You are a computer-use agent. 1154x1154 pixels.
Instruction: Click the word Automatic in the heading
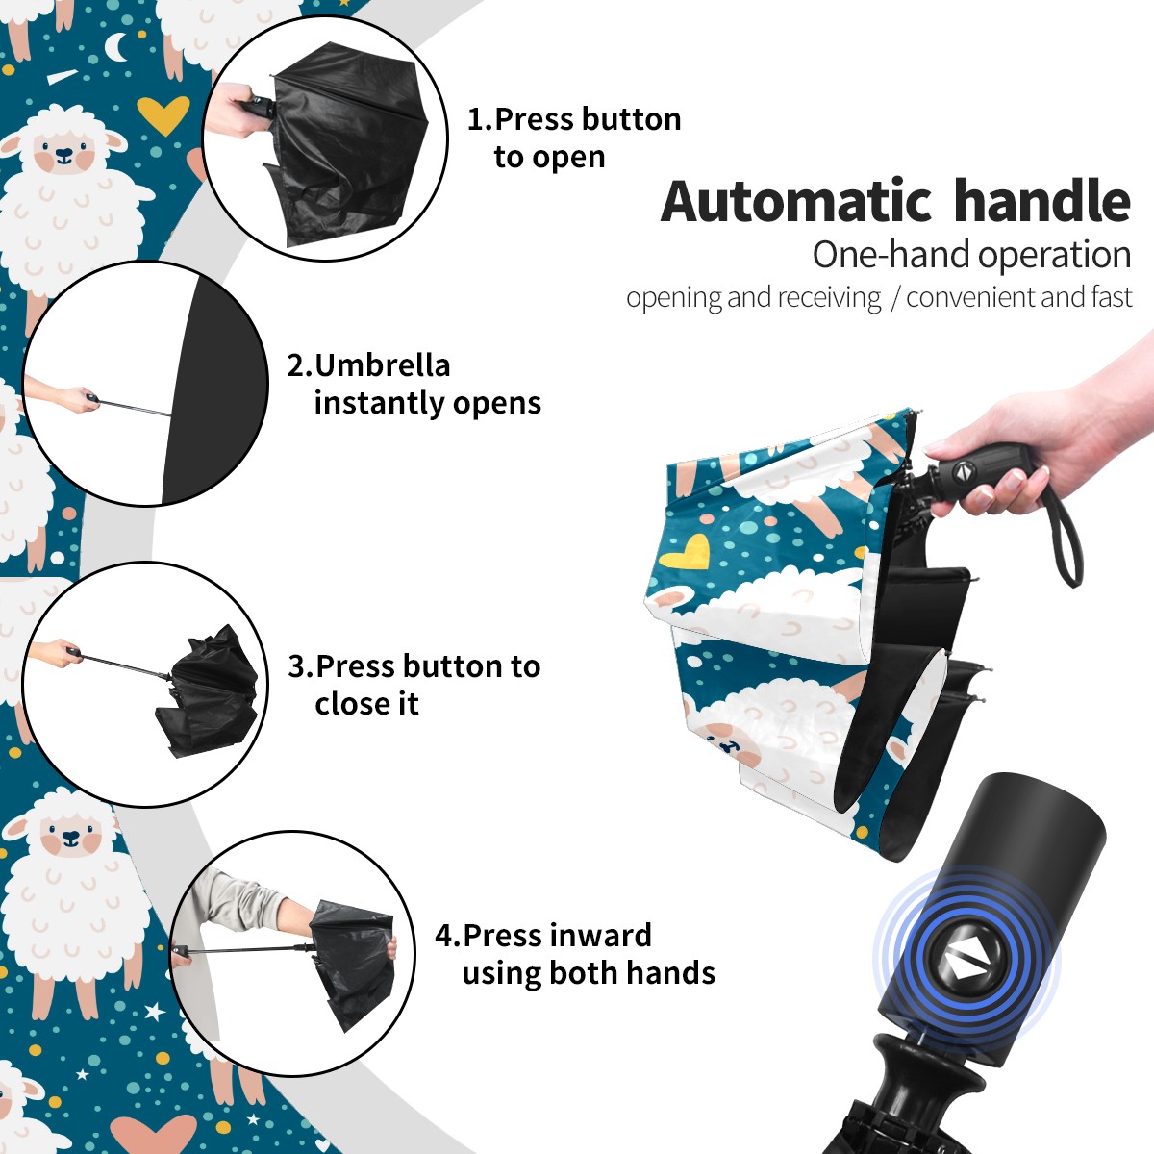point(796,201)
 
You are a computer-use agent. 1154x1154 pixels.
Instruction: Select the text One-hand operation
point(971,256)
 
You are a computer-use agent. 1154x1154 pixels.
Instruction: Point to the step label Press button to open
point(574,138)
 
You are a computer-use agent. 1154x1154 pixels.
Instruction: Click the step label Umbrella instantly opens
point(414,384)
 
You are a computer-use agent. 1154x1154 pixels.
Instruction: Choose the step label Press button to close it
point(414,685)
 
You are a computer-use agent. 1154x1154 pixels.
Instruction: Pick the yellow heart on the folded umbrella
point(685,552)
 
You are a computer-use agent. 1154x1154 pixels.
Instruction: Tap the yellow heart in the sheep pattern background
point(163,113)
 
